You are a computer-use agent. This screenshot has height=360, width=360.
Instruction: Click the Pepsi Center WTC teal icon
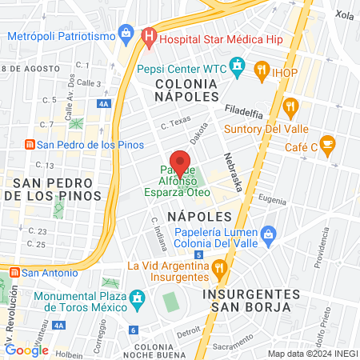(236, 65)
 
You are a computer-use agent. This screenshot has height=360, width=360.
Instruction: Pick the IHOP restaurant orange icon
(261, 70)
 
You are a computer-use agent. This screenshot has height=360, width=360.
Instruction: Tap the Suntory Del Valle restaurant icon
(290, 105)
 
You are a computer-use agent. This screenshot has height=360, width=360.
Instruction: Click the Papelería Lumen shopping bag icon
(268, 234)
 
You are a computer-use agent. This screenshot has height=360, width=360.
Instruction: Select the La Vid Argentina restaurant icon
(220, 267)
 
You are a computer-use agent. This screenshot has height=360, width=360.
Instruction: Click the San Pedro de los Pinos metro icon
(29, 145)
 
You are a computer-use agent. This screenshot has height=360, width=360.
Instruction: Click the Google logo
(26, 350)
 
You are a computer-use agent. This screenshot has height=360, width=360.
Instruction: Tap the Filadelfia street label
(243, 109)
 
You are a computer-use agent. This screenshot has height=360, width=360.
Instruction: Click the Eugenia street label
(272, 200)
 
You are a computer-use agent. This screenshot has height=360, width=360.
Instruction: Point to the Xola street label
(345, 15)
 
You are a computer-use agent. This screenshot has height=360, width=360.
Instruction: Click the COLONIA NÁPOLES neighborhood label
(186, 89)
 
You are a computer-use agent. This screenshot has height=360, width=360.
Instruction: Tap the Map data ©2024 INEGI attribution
(313, 354)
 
